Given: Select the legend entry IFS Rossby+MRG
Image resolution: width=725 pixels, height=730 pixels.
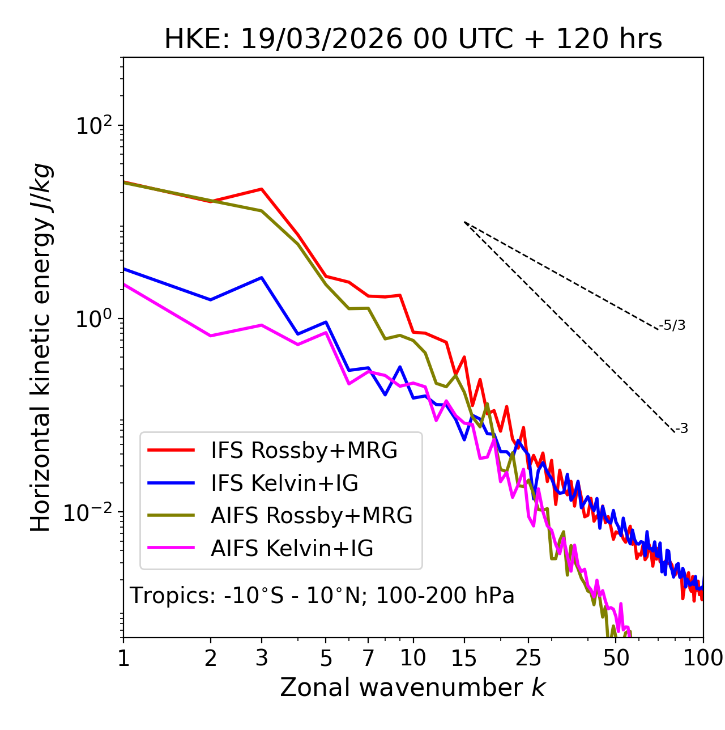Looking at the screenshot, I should (x=304, y=450).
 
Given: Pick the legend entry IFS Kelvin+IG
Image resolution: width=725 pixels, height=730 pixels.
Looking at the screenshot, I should (x=284, y=483).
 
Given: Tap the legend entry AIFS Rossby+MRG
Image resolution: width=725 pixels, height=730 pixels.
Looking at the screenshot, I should (x=312, y=515).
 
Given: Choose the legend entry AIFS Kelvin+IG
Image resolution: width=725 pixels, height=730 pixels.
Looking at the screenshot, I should (x=292, y=548).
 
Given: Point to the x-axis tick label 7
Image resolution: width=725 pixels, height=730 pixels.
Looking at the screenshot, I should (x=368, y=658).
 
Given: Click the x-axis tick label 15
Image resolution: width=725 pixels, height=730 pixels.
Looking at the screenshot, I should (x=464, y=658).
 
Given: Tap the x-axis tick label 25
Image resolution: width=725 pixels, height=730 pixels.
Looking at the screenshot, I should (x=528, y=658).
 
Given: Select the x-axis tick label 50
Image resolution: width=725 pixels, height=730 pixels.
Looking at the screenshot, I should (x=616, y=658).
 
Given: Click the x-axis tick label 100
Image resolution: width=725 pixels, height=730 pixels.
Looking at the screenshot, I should (x=703, y=658).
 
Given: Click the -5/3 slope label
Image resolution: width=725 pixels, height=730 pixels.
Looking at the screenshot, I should (x=672, y=325).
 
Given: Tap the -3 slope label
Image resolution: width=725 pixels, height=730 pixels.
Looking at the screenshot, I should (x=681, y=429).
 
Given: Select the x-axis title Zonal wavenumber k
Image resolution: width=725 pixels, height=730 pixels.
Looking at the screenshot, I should (x=412, y=687).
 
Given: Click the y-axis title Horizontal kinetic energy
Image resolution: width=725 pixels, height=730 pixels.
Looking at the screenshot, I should (x=41, y=347).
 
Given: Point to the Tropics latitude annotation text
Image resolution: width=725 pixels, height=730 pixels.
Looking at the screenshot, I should (x=322, y=596).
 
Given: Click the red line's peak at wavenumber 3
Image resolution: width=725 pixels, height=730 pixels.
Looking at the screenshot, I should (x=262, y=189).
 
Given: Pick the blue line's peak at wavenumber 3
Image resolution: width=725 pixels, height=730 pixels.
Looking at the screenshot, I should (x=262, y=277).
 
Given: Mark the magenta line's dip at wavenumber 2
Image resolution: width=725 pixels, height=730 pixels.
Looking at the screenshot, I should (x=211, y=336).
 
